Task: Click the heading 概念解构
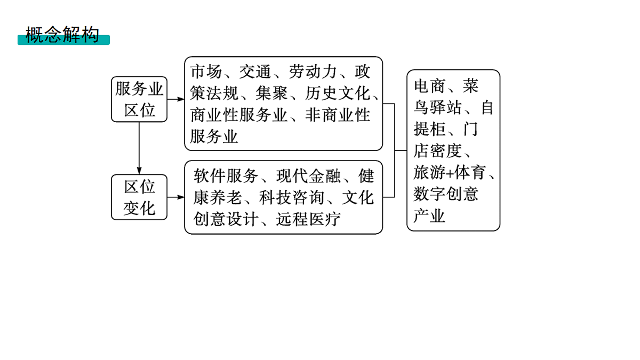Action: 62,35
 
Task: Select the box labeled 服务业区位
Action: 139,99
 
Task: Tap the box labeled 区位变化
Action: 139,197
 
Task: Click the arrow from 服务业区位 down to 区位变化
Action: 139,148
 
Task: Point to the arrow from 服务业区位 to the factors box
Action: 175,99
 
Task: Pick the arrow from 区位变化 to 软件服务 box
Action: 175,197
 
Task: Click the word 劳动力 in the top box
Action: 313,71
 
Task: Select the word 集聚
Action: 271,93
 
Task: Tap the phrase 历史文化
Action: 338,93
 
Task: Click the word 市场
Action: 206,71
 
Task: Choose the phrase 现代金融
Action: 308,175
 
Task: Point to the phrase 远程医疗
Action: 308,219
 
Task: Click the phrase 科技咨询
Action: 291,197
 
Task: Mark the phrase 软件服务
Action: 226,175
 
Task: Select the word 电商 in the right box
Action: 429,86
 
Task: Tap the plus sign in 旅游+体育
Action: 450,173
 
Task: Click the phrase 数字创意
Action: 446,194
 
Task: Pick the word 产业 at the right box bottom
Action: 429,215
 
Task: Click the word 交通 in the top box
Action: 255,71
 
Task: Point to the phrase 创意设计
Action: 226,219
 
